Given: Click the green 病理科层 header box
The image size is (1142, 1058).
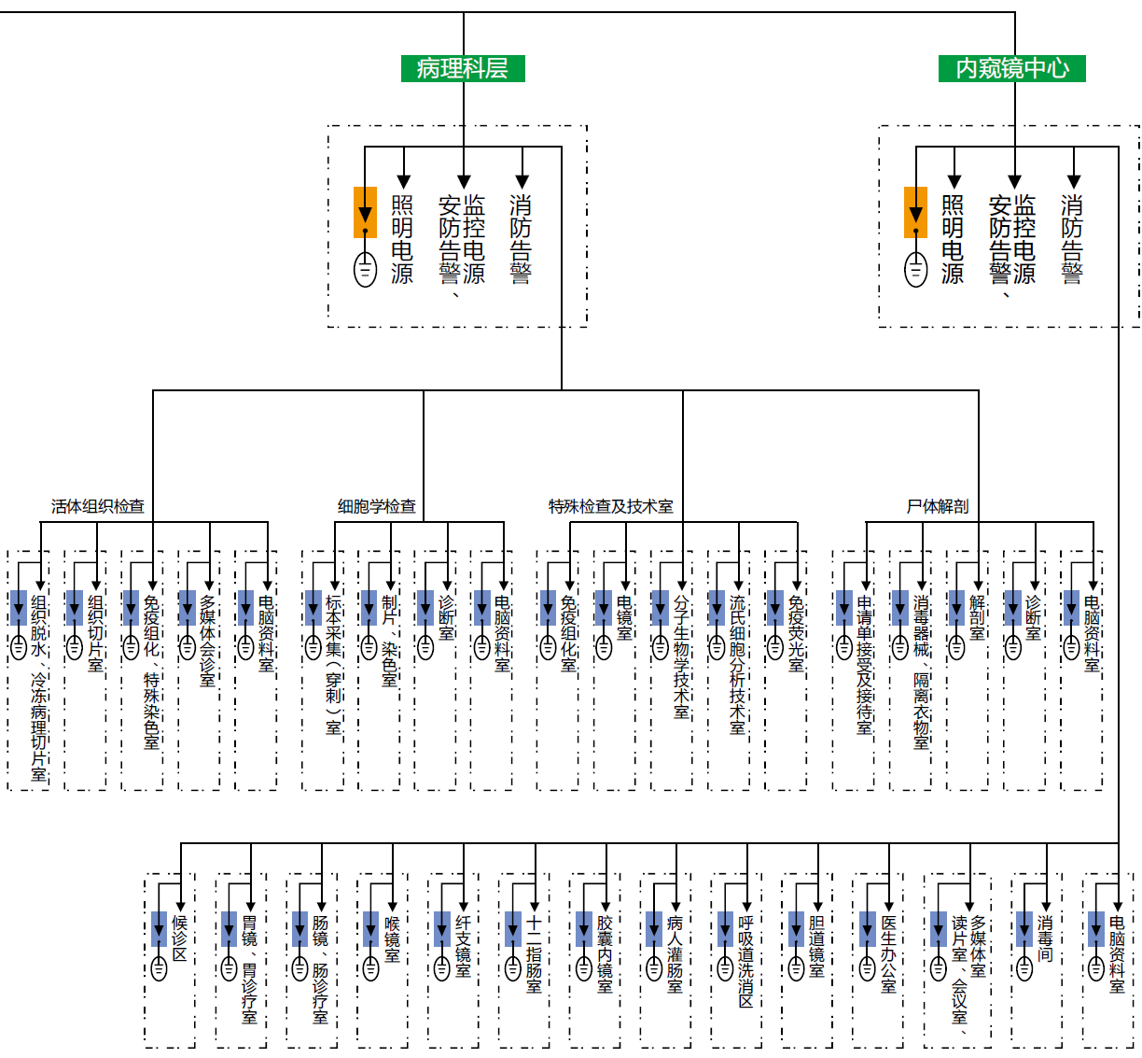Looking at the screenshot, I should [463, 68].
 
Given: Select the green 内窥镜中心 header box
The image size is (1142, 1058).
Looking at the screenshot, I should [1012, 68].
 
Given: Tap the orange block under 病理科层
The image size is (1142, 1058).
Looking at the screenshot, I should [365, 212].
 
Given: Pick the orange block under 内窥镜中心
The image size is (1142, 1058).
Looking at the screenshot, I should [916, 212].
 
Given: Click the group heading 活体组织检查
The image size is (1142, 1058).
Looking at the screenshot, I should [98, 506].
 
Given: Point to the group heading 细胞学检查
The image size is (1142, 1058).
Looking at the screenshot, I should [377, 506].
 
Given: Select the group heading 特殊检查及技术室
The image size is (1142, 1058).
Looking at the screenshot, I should [611, 506].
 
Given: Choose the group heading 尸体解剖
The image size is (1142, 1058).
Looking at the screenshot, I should [938, 506].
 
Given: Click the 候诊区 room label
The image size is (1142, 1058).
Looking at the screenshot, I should [179, 938].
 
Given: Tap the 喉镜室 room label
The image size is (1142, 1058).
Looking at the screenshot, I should [392, 939].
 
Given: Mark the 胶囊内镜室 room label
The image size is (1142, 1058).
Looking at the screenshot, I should [605, 953].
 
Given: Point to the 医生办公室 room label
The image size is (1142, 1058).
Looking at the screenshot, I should [888, 953].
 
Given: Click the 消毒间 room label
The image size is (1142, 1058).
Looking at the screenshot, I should [1045, 939].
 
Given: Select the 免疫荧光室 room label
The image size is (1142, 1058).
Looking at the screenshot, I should [796, 633].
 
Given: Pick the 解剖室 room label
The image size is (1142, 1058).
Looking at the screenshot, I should [978, 617].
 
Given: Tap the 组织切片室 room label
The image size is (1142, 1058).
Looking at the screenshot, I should [95, 633].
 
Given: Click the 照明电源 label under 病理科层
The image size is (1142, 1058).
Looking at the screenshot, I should [402, 239].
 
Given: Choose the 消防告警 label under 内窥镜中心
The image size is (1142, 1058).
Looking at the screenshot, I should [1072, 239].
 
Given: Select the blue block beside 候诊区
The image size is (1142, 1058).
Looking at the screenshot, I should [160, 929].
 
